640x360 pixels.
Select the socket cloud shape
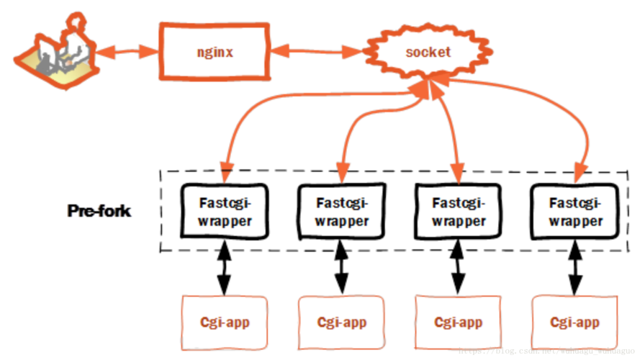tap(428, 52)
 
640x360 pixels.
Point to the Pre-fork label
tap(99, 212)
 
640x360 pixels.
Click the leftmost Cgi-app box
tap(224, 322)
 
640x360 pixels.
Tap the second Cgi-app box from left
tap(341, 322)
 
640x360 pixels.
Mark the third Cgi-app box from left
tap(458, 322)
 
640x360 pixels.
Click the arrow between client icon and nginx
tap(127, 51)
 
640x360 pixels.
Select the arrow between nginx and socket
tap(317, 52)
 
